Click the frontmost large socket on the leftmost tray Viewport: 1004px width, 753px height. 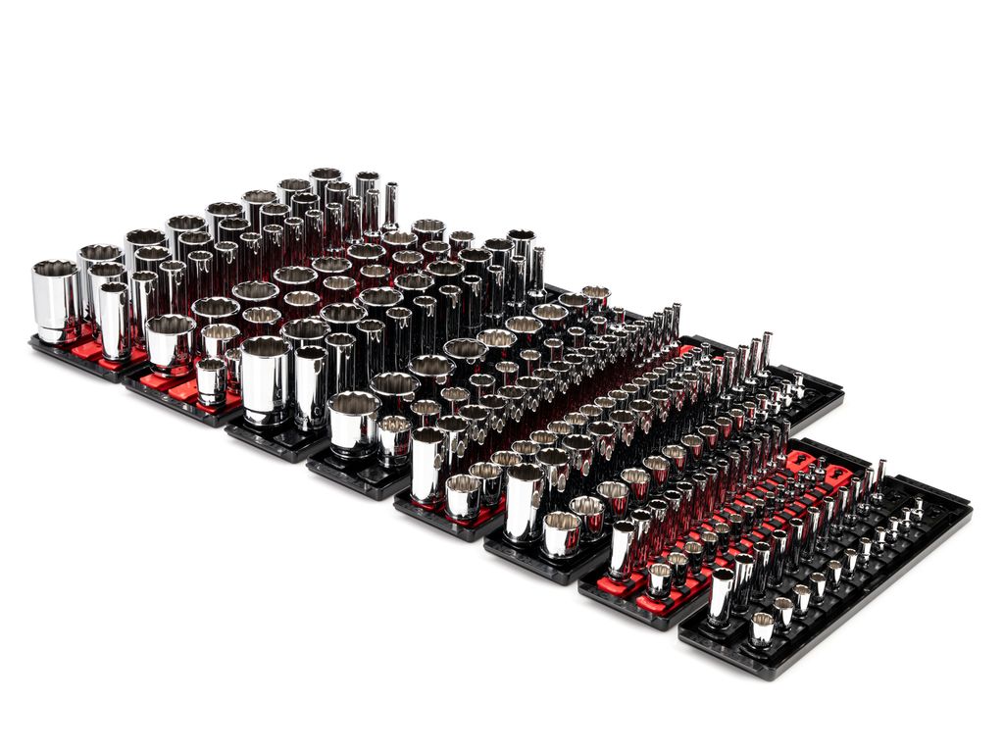click(x=55, y=299)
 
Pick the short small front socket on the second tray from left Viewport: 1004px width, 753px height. click(x=211, y=380)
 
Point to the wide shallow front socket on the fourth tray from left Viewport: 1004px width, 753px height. click(x=354, y=423)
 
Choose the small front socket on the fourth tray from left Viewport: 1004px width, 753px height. click(x=394, y=438)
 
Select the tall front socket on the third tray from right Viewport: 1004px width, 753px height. click(x=526, y=501)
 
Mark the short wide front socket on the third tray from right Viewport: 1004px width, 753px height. click(x=561, y=532)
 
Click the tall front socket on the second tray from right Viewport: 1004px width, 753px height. click(x=623, y=550)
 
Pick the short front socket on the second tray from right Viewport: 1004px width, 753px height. click(x=660, y=579)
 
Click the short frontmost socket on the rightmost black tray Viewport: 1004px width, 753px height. click(x=762, y=627)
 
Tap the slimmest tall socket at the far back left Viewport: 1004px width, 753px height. click(x=390, y=206)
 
